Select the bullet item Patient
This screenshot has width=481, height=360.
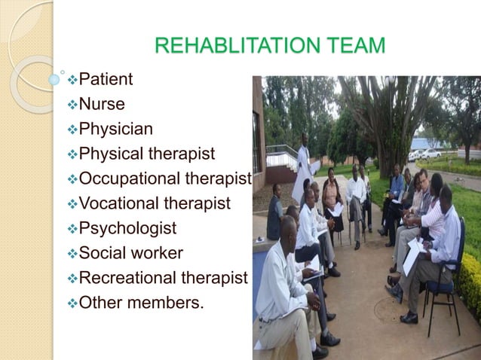click(x=106, y=78)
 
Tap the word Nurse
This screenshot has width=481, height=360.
click(x=102, y=104)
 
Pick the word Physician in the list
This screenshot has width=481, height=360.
click(x=115, y=129)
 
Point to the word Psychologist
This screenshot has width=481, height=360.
click(x=128, y=227)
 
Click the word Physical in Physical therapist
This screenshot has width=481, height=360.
click(x=111, y=154)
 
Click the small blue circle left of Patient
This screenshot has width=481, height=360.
click(x=54, y=78)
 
